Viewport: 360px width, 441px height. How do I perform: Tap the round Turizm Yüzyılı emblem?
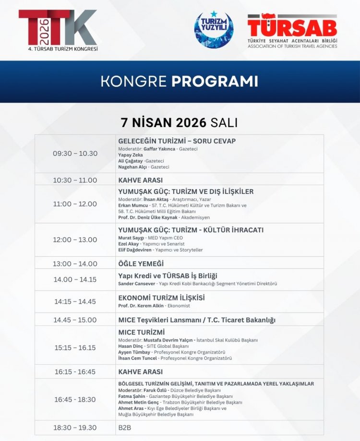pyautogui.click(x=214, y=30)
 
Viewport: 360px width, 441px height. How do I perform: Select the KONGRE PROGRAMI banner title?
pyautogui.click(x=179, y=81)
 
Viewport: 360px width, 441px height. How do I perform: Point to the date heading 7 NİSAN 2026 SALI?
pyautogui.click(x=179, y=122)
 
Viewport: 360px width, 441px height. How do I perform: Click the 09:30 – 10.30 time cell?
pyautogui.click(x=75, y=154)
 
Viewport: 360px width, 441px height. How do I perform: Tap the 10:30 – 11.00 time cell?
pyautogui.click(x=75, y=180)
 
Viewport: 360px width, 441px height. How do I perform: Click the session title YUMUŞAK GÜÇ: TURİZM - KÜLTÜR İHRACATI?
pyautogui.click(x=191, y=230)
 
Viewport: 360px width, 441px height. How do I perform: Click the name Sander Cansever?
pyautogui.click(x=136, y=284)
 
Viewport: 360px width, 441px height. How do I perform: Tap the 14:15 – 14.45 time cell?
pyautogui.click(x=75, y=302)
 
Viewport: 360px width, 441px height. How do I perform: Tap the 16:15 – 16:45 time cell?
pyautogui.click(x=75, y=371)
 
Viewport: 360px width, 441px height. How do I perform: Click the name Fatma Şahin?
pyautogui.click(x=132, y=396)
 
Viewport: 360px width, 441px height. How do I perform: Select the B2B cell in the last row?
pyautogui.click(x=125, y=428)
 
